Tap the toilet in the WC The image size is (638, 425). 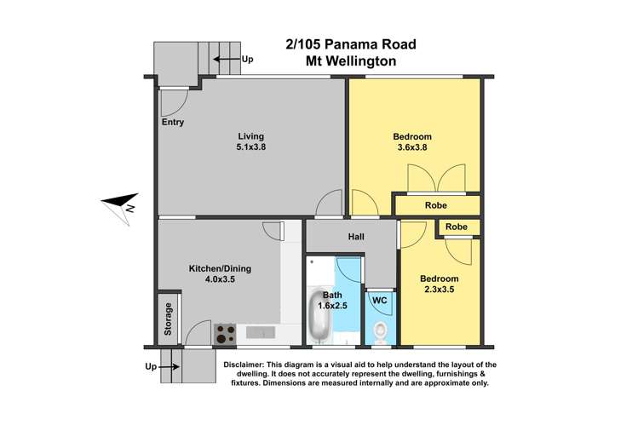(380, 331)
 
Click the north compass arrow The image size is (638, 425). (119, 204)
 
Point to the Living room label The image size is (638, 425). (250, 136)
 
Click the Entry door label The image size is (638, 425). (172, 122)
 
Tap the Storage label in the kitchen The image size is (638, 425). (168, 319)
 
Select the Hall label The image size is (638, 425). (356, 236)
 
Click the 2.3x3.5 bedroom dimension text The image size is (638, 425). (440, 290)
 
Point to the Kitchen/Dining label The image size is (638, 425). (220, 268)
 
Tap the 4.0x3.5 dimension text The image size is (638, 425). (220, 279)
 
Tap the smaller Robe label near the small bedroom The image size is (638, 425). (457, 227)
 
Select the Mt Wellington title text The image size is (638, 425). (351, 60)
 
